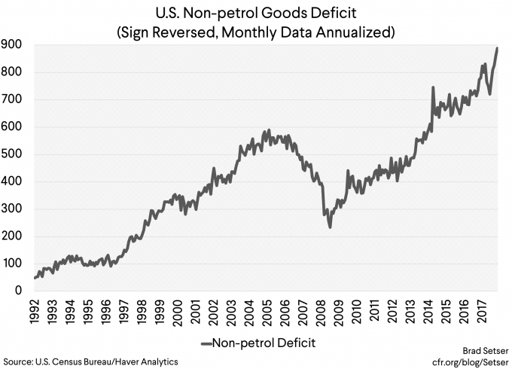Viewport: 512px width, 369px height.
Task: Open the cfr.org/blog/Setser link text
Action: coord(470,361)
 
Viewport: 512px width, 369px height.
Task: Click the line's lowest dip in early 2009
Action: coord(331,227)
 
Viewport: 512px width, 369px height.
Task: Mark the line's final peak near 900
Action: coord(497,48)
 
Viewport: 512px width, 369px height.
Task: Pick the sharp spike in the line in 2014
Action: coord(432,88)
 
